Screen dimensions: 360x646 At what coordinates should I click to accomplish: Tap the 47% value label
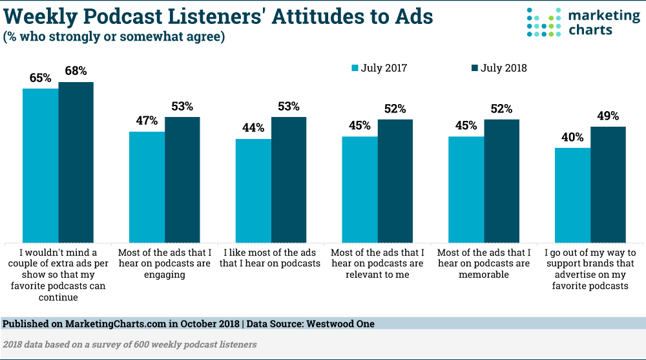tap(146, 122)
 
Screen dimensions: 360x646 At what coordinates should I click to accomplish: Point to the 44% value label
tap(253, 128)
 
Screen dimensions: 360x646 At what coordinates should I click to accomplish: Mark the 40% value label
tap(572, 137)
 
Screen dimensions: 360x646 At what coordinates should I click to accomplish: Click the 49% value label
tap(608, 116)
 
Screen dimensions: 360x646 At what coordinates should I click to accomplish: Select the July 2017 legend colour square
tap(355, 68)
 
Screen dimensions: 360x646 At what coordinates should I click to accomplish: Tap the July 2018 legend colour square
tap(474, 68)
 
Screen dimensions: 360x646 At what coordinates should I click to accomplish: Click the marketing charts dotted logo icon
tap(541, 23)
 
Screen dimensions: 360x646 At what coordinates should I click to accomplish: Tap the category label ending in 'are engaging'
tap(164, 264)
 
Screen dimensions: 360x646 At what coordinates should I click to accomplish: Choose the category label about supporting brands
tap(590, 269)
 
